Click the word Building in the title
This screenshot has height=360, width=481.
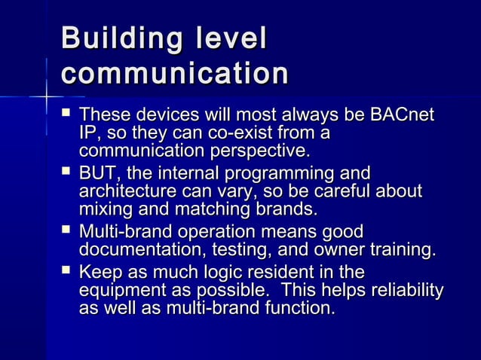coord(121,41)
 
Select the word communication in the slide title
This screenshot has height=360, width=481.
coord(175,75)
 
